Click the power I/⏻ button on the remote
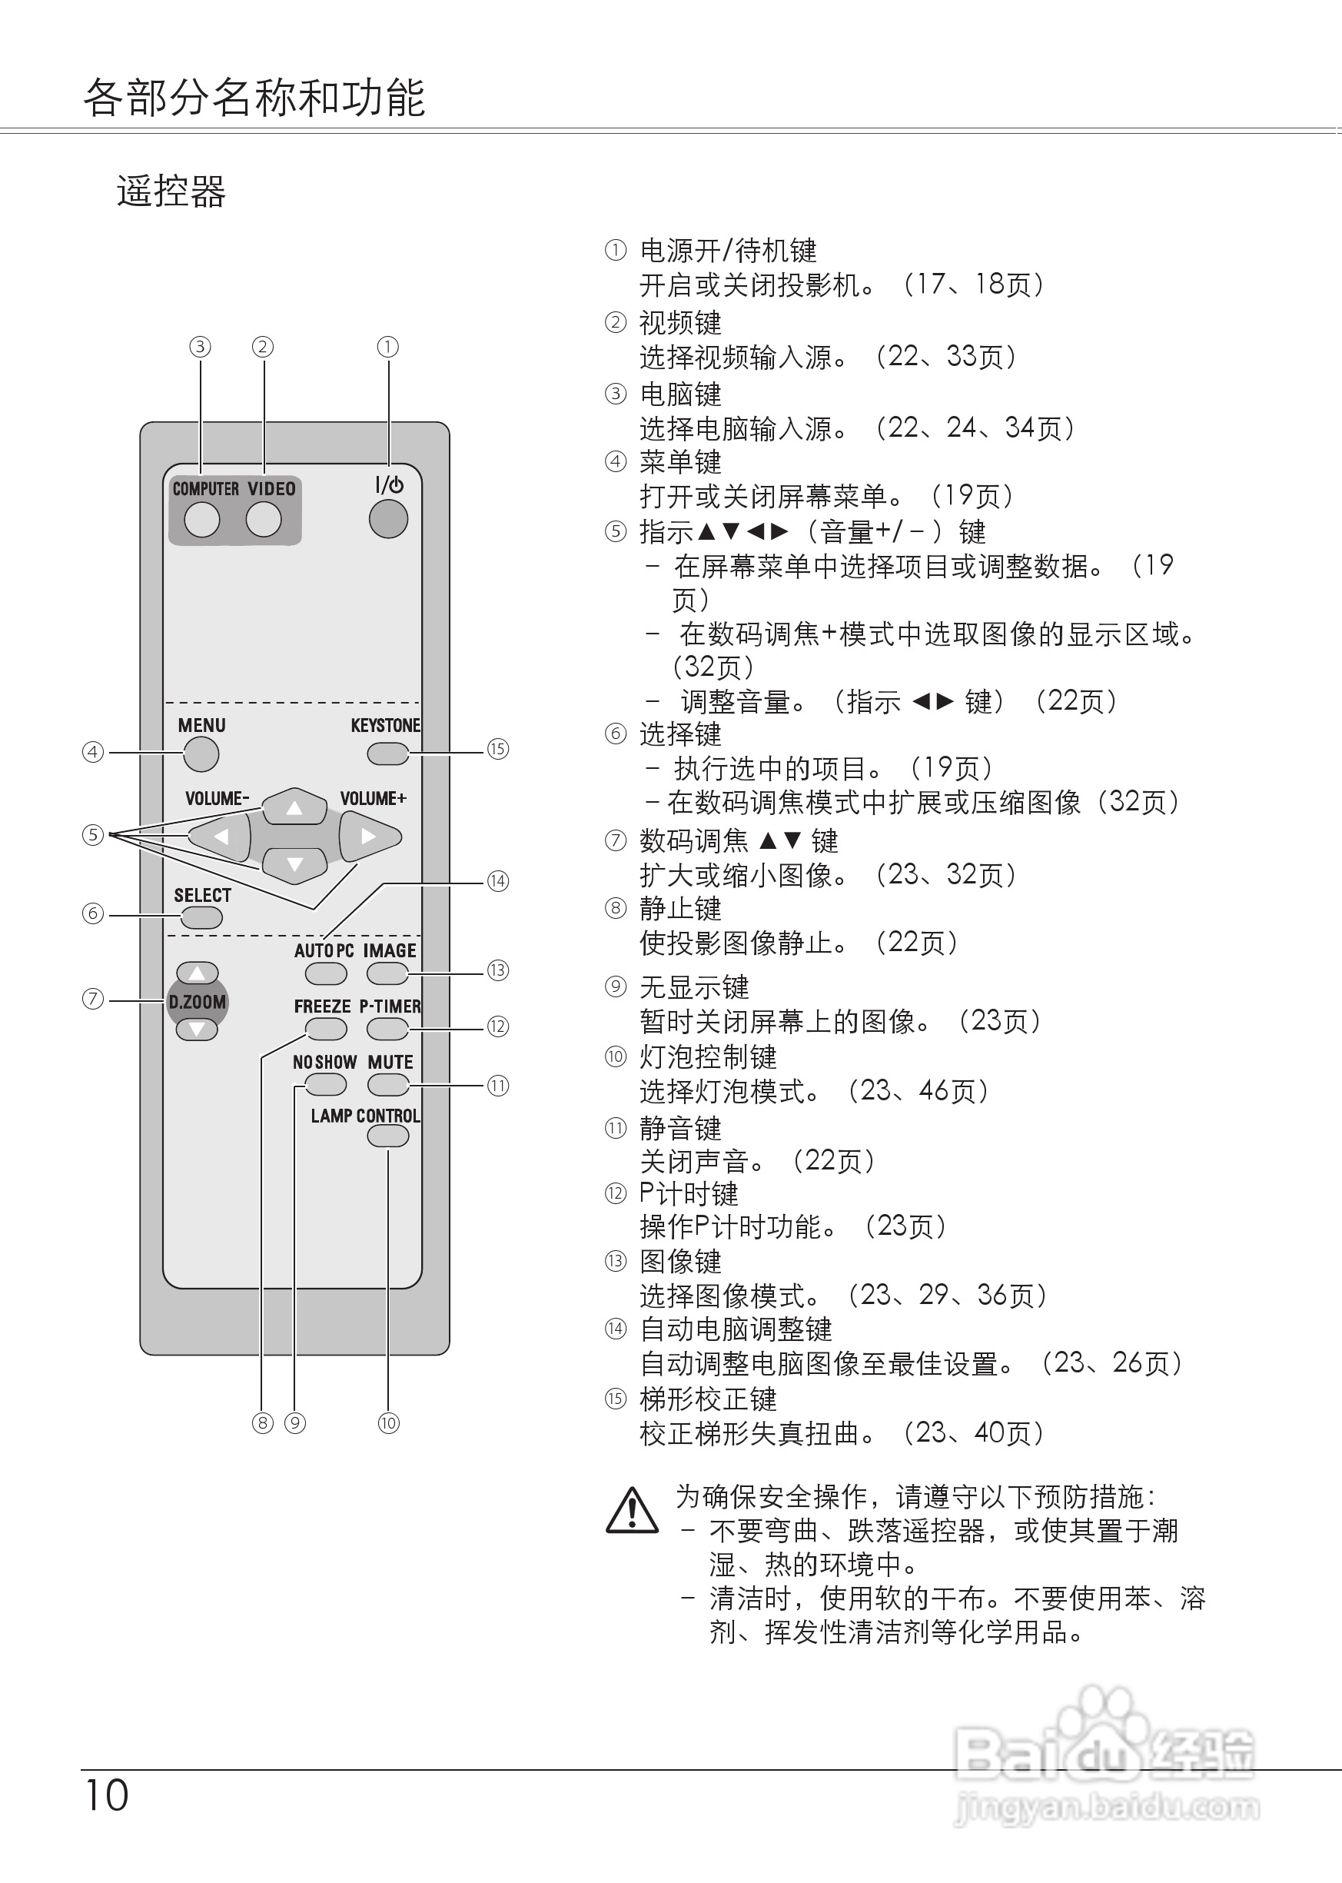point(387,519)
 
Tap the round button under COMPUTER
point(201,520)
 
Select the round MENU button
point(201,754)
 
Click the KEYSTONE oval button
point(387,753)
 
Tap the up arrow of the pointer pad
point(294,807)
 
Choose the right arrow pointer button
point(369,837)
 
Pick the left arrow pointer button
point(221,837)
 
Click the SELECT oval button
point(201,917)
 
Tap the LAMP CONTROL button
point(387,1136)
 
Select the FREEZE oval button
point(326,1029)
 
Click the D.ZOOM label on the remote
point(197,1002)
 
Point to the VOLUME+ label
point(373,799)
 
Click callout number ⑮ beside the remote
point(497,749)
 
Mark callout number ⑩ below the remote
point(388,1422)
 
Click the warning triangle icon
point(632,1510)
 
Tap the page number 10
point(107,1795)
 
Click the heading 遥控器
point(171,191)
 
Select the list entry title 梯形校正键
point(707,1399)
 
